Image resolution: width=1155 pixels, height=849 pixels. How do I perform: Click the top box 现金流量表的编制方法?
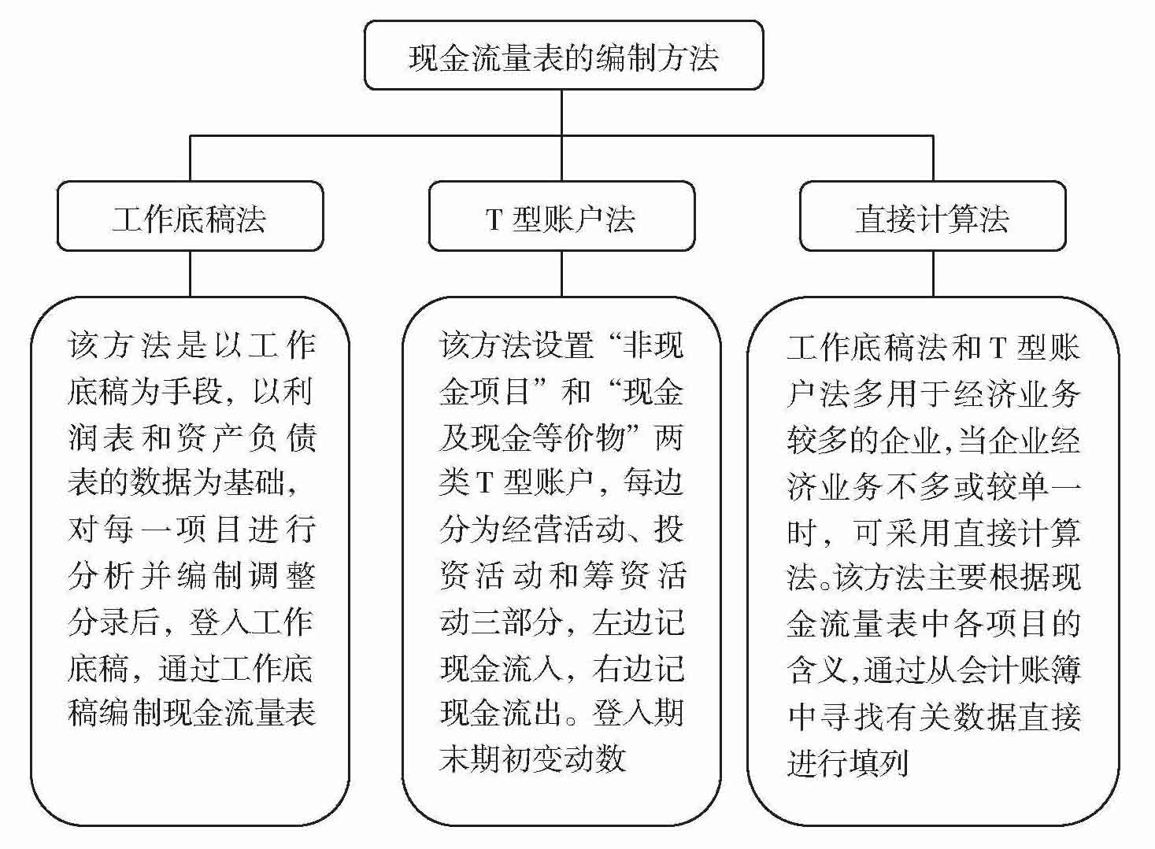[563, 57]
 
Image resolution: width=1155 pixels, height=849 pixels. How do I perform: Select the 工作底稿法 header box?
[190, 217]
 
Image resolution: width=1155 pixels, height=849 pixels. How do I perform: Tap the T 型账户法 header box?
[561, 217]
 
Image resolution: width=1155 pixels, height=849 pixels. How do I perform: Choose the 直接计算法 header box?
[932, 217]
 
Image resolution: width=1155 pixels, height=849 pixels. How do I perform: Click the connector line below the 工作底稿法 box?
[190, 273]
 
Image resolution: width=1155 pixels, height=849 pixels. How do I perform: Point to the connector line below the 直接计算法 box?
[933, 273]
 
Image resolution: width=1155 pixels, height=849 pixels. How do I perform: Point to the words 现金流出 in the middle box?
[501, 714]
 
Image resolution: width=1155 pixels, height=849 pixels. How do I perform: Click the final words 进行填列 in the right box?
[848, 762]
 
